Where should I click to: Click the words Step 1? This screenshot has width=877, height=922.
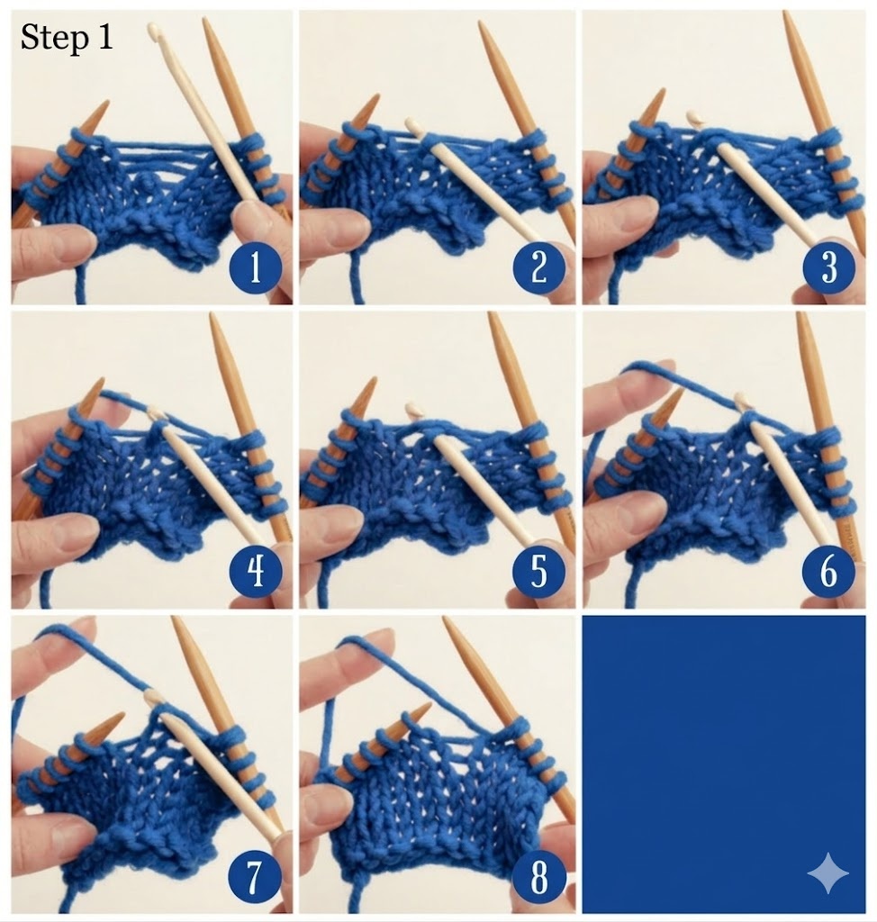pos(67,38)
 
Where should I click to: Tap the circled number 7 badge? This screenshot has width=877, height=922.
pos(254,877)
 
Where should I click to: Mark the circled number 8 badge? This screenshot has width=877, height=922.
pos(539,877)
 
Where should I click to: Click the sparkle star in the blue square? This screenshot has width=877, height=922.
pos(828,872)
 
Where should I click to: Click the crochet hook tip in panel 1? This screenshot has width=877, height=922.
pos(153,26)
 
